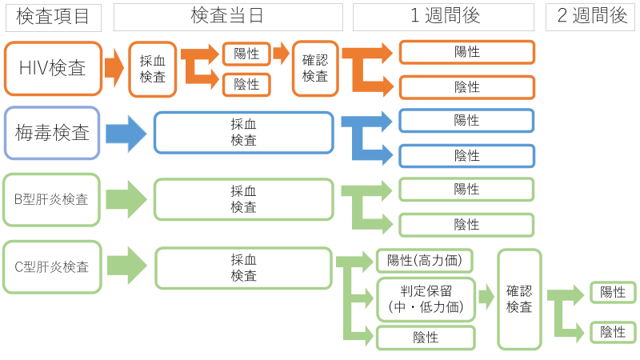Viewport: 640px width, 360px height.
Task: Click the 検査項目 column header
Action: [x=53, y=17]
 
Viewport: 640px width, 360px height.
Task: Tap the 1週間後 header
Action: [x=443, y=17]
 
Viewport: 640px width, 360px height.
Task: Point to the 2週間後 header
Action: [x=591, y=17]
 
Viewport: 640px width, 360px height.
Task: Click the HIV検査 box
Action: [x=53, y=69]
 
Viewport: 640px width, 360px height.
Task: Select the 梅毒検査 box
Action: [x=53, y=133]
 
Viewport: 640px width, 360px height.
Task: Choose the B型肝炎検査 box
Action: [x=53, y=199]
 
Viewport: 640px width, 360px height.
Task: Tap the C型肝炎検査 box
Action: [x=53, y=266]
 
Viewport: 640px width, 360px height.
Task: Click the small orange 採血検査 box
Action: [x=152, y=69]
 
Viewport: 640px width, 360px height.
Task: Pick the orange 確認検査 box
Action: [x=315, y=69]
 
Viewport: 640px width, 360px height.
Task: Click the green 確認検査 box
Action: [x=519, y=299]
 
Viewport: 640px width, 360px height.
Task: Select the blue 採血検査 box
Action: [x=243, y=133]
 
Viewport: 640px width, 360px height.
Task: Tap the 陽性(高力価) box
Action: [x=426, y=261]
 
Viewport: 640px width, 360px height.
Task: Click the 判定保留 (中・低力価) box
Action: [x=426, y=299]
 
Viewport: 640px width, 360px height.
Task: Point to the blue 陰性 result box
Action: [x=466, y=155]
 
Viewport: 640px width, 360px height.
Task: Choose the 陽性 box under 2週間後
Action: [x=613, y=293]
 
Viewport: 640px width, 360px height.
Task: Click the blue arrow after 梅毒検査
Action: [x=126, y=133]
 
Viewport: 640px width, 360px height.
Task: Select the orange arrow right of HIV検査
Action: [x=114, y=69]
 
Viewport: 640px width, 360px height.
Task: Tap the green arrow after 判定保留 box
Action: [x=486, y=299]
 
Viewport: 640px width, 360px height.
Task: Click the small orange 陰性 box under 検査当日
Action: [x=246, y=84]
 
